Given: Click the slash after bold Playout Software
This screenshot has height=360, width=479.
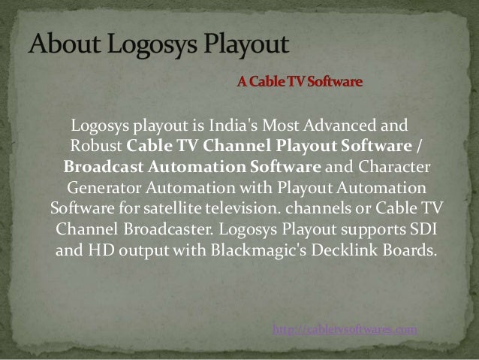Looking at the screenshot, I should [418, 144].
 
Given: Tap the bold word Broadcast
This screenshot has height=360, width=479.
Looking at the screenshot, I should [101, 165].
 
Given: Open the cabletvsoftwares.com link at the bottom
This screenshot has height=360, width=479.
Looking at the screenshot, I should [345, 329].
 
